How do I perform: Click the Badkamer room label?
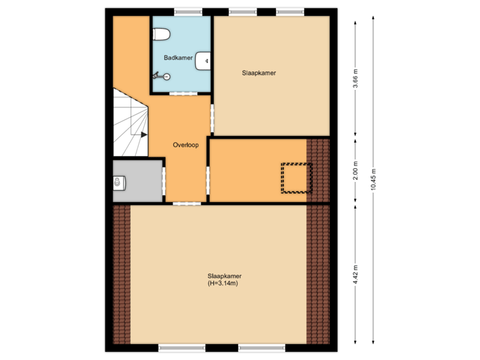tap(178, 59)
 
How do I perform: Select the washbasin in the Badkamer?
tap(204, 61)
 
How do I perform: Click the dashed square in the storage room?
tap(296, 177)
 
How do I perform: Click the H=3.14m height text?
tap(223, 284)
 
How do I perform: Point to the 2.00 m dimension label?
tap(355, 171)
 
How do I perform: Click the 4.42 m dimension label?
tap(355, 273)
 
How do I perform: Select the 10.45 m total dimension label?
tap(373, 179)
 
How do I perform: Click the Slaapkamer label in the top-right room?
tap(259, 72)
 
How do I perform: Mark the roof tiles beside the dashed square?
tap(318, 169)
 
